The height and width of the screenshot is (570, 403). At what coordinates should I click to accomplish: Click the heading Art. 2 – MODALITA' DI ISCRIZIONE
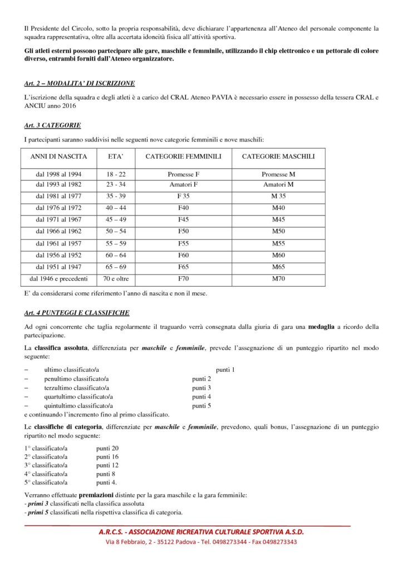[x=80, y=83]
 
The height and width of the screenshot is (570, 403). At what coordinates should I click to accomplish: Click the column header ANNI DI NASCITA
[x=58, y=157]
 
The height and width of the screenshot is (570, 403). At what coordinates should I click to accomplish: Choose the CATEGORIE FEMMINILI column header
[x=183, y=157]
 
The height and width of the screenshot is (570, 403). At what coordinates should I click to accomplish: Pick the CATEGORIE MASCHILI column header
[x=278, y=157]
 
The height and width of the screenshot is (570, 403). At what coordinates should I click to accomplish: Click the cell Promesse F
[x=183, y=174]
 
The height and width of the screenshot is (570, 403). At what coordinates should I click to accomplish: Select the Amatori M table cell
[x=278, y=184]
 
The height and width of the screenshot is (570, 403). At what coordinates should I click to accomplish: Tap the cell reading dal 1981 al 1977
[x=58, y=196]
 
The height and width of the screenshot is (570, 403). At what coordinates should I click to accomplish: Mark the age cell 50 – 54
[x=116, y=231]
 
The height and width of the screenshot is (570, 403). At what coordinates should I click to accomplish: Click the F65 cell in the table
[x=183, y=267]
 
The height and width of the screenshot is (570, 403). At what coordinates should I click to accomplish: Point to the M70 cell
[x=278, y=278]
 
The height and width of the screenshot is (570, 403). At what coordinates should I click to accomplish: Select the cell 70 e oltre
[x=116, y=278]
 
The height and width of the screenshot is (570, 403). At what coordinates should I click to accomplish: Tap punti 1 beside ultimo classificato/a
[x=225, y=370]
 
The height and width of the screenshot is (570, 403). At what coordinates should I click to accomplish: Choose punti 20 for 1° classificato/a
[x=107, y=448]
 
